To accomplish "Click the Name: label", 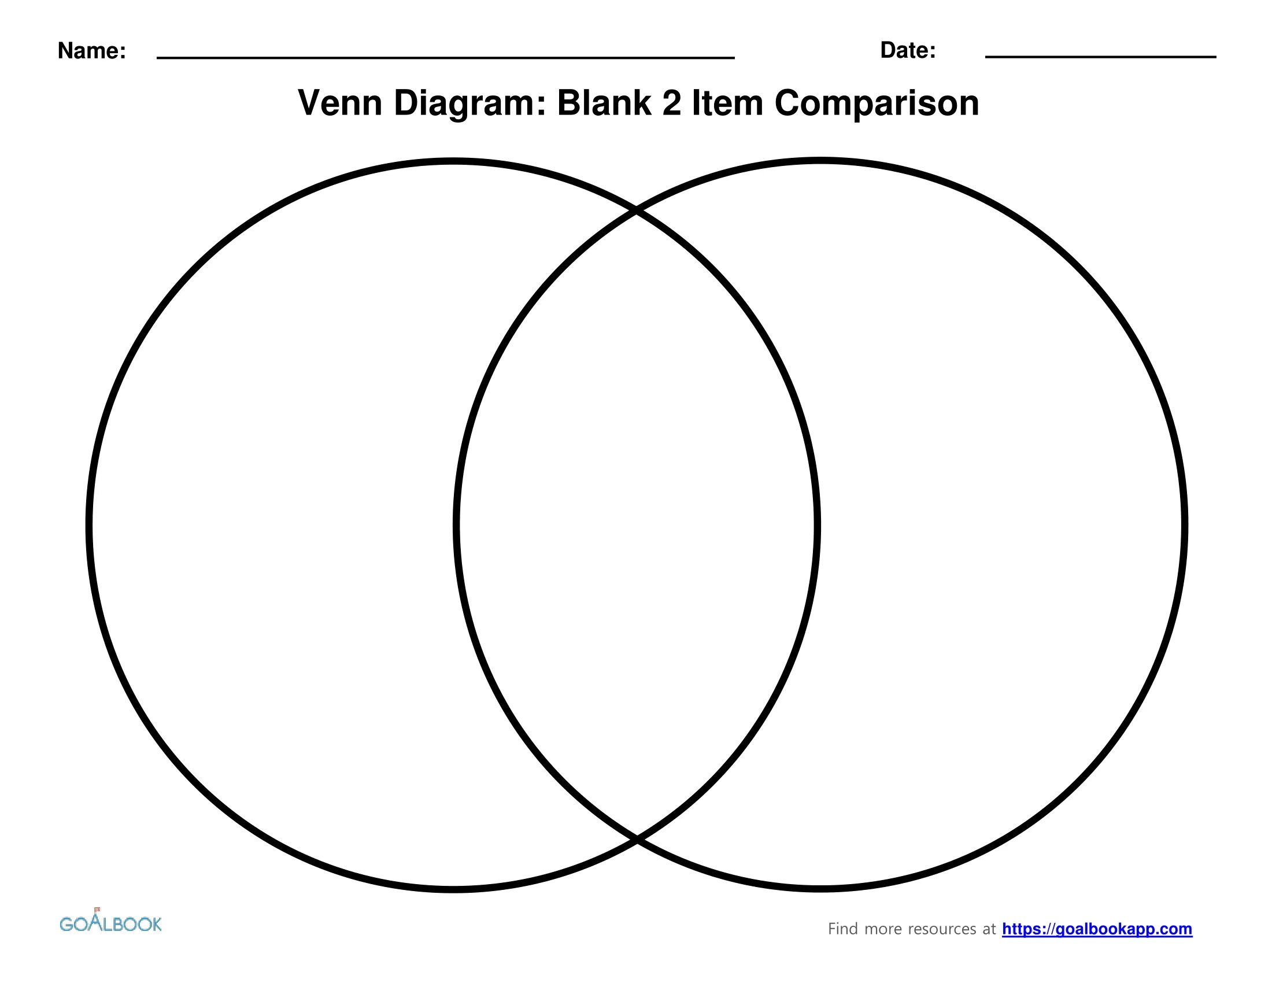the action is click(91, 51).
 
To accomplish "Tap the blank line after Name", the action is click(446, 57).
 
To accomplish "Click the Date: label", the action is click(907, 51).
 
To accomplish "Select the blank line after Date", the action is click(1100, 57).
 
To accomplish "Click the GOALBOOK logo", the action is click(110, 923).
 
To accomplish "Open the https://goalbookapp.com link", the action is click(1097, 929).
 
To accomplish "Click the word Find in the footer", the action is click(843, 929).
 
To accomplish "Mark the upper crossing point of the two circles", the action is click(637, 211).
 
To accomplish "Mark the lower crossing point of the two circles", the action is click(637, 839).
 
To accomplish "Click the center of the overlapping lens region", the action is click(637, 524).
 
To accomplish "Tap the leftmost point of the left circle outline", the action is click(89, 524).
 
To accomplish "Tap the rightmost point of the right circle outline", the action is click(1185, 524).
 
